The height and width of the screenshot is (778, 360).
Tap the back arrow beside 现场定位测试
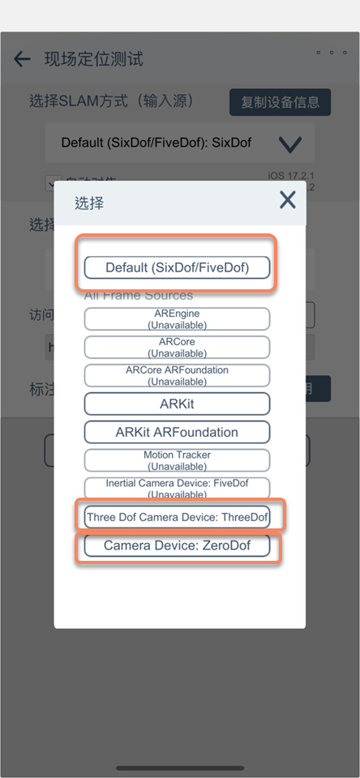point(22,58)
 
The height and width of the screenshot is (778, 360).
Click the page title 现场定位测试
point(93,58)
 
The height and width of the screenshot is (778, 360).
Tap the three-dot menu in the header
point(331,53)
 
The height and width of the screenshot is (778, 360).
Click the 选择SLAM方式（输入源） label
point(122,101)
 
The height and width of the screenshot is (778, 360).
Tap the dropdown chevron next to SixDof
point(289,144)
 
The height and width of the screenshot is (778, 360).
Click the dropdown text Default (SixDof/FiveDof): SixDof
point(156,143)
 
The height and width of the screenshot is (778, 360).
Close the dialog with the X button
point(287,200)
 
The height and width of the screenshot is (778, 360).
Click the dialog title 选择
point(89,203)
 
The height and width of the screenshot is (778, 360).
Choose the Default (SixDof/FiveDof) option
point(177,267)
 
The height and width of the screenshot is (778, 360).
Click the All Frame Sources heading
point(139,296)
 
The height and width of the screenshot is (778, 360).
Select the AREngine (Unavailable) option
point(177,318)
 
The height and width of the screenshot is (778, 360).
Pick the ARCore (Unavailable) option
point(177,347)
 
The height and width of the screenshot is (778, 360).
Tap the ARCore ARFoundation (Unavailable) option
point(177,375)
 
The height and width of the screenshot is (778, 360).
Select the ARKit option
point(177,404)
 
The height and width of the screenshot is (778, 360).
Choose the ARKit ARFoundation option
point(177,432)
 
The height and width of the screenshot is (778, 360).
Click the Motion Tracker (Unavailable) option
point(177,460)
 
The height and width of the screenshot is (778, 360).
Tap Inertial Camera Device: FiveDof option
point(177,488)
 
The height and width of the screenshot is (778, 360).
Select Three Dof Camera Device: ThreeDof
point(177,516)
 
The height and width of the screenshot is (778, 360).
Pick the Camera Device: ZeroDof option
point(177,545)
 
